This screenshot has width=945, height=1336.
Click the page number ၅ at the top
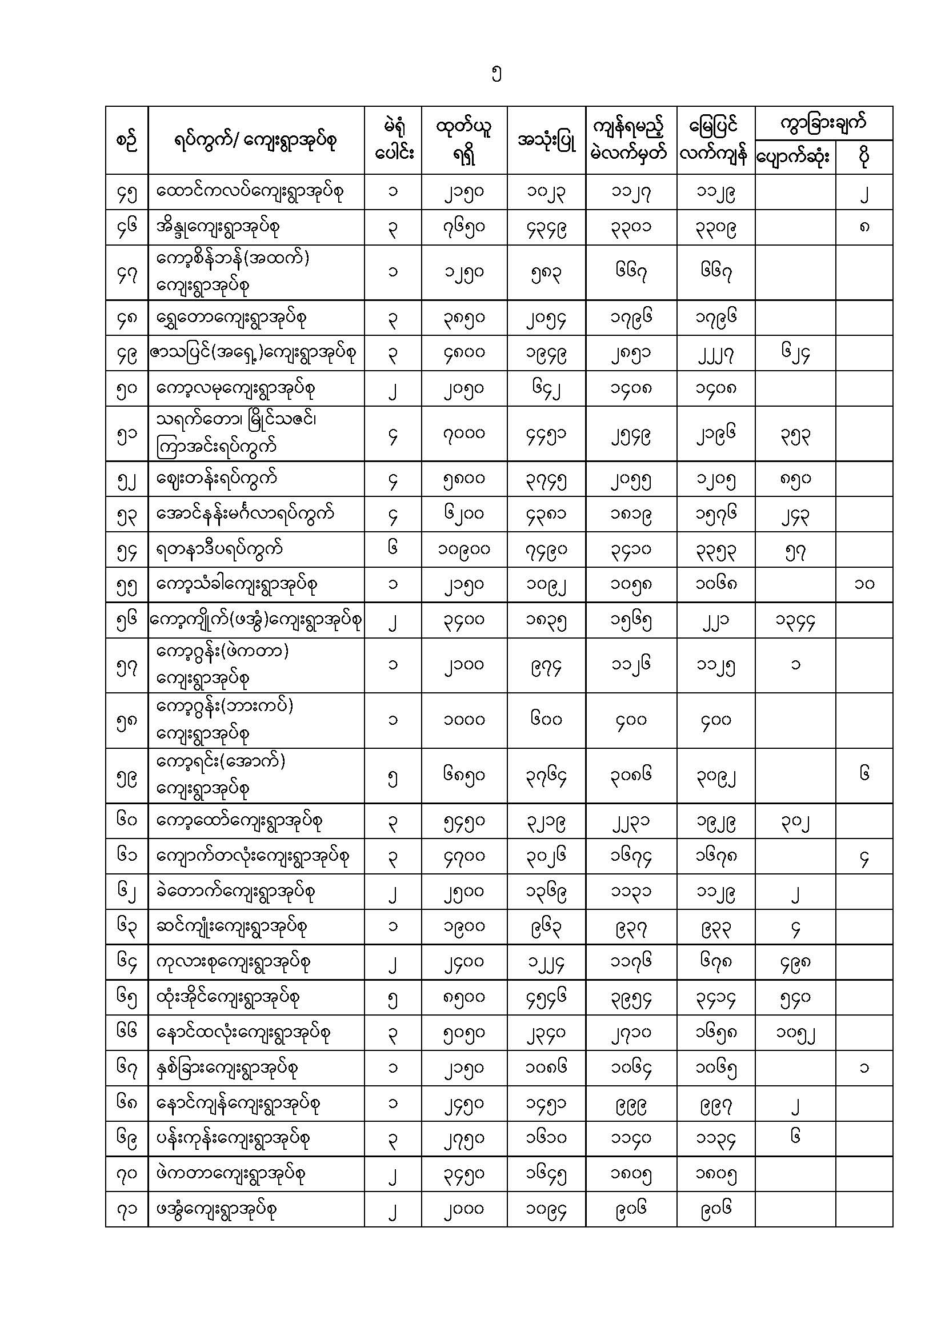pyautogui.click(x=496, y=74)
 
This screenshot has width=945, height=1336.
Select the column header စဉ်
pyautogui.click(x=127, y=141)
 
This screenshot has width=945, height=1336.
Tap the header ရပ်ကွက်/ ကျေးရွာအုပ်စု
pyautogui.click(x=256, y=141)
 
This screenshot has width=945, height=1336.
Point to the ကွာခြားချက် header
pyautogui.click(x=823, y=123)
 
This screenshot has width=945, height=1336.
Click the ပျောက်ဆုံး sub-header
pyautogui.click(x=794, y=157)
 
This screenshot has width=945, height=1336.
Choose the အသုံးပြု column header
pyautogui.click(x=546, y=141)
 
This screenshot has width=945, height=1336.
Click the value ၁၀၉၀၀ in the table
pyautogui.click(x=464, y=549)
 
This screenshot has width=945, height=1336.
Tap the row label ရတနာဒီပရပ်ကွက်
pyautogui.click(x=220, y=549)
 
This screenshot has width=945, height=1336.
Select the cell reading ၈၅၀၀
pyautogui.click(x=464, y=997)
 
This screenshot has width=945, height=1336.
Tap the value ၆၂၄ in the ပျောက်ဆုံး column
pyautogui.click(x=795, y=352)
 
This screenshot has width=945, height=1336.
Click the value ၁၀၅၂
pyautogui.click(x=795, y=1033)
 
